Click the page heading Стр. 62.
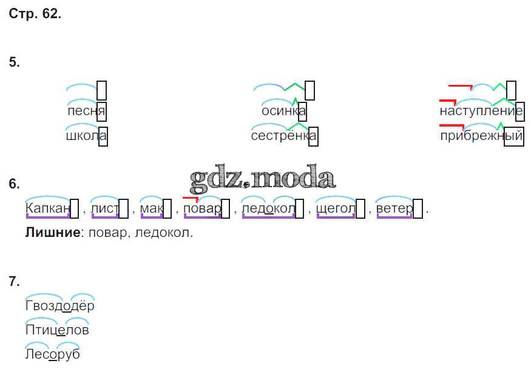[35, 13]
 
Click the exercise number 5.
[14, 62]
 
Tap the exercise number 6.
[14, 184]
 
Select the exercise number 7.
[14, 281]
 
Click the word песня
[86, 111]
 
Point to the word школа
[86, 136]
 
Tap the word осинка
[284, 111]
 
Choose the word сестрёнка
[284, 136]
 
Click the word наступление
[481, 111]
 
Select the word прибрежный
[482, 136]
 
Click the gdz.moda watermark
[262, 176]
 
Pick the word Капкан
[48, 208]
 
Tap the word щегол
[336, 208]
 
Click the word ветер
[394, 208]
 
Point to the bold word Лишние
[53, 233]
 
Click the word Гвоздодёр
[60, 306]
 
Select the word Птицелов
[57, 330]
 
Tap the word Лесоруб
[52, 354]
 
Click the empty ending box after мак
[167, 208]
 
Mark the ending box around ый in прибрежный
[514, 136]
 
